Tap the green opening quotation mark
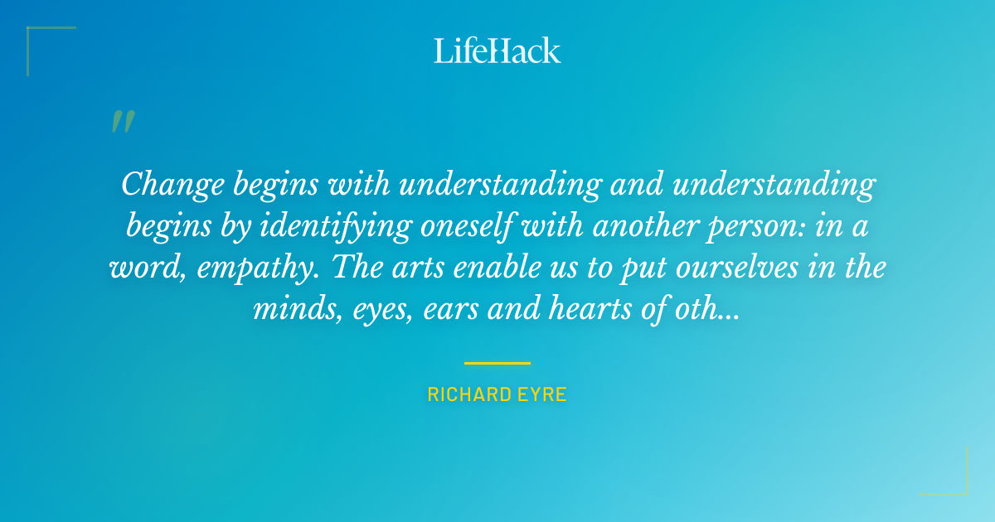[122, 122]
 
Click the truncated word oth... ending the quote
[710, 312]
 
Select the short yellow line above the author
[498, 363]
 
